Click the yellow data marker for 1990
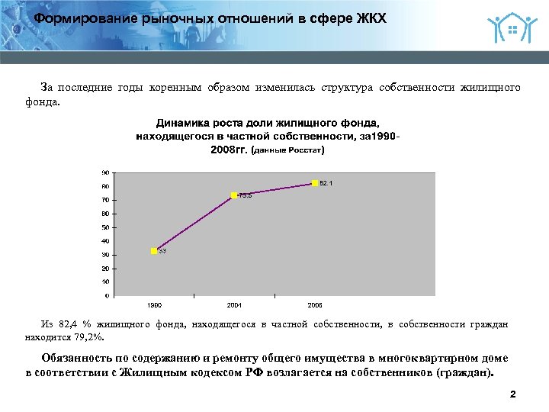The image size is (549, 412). pos(154,251)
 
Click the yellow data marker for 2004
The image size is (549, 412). pos(235,195)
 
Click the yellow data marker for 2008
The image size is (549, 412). pos(314,183)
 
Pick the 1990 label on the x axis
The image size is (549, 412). pos(154,304)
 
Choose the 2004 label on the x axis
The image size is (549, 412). pos(234,304)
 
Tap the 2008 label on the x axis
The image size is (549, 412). pos(314,304)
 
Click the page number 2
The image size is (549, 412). pos(512,394)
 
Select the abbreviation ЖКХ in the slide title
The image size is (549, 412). pos(371,18)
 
